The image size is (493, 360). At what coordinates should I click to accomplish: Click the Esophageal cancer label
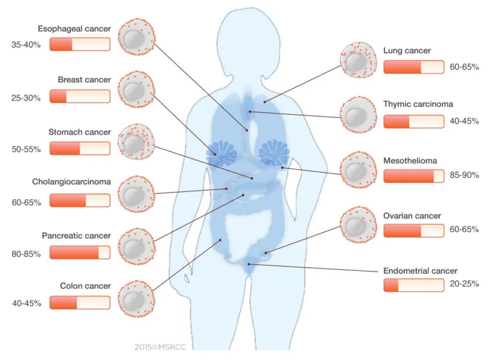point(74,29)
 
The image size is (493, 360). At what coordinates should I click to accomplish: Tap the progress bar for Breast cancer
point(80,96)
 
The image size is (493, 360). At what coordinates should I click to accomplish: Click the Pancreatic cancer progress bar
point(80,253)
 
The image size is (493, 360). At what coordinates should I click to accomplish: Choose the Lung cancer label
point(407,51)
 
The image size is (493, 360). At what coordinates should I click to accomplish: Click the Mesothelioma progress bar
point(413,176)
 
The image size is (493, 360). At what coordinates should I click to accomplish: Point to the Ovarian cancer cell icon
point(358,226)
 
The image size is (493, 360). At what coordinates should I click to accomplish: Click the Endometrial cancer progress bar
point(413,285)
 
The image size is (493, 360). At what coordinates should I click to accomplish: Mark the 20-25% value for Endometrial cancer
point(464,284)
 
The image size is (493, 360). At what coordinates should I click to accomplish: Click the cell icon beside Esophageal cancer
point(137,37)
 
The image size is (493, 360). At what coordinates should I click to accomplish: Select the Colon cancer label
point(86,286)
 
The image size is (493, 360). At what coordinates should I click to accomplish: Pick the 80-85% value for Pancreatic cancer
point(26,254)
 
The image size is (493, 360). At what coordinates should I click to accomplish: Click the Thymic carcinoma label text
point(418,104)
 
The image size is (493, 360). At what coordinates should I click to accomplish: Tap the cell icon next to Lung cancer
point(358,60)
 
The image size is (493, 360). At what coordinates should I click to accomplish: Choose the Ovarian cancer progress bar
point(413,231)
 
